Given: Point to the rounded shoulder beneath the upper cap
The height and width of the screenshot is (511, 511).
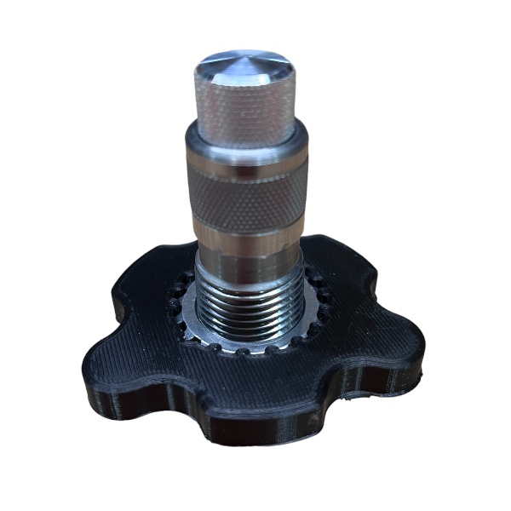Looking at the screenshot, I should coord(245,143).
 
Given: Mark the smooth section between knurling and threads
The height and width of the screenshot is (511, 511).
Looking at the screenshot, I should coord(244,247).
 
